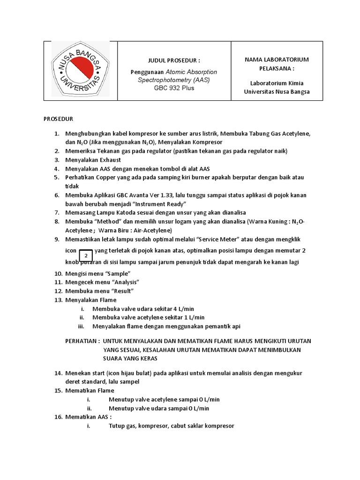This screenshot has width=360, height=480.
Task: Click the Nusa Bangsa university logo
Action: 80,70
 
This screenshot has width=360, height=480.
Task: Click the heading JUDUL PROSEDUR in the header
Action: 174,60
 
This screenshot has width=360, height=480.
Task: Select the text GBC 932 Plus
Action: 174,88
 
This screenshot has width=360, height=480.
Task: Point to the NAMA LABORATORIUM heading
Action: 277,60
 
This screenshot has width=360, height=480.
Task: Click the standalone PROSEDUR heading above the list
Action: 59,119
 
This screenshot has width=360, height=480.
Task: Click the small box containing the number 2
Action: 86,256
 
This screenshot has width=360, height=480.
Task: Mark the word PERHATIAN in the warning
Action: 82,341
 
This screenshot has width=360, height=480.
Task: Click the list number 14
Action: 58,373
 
